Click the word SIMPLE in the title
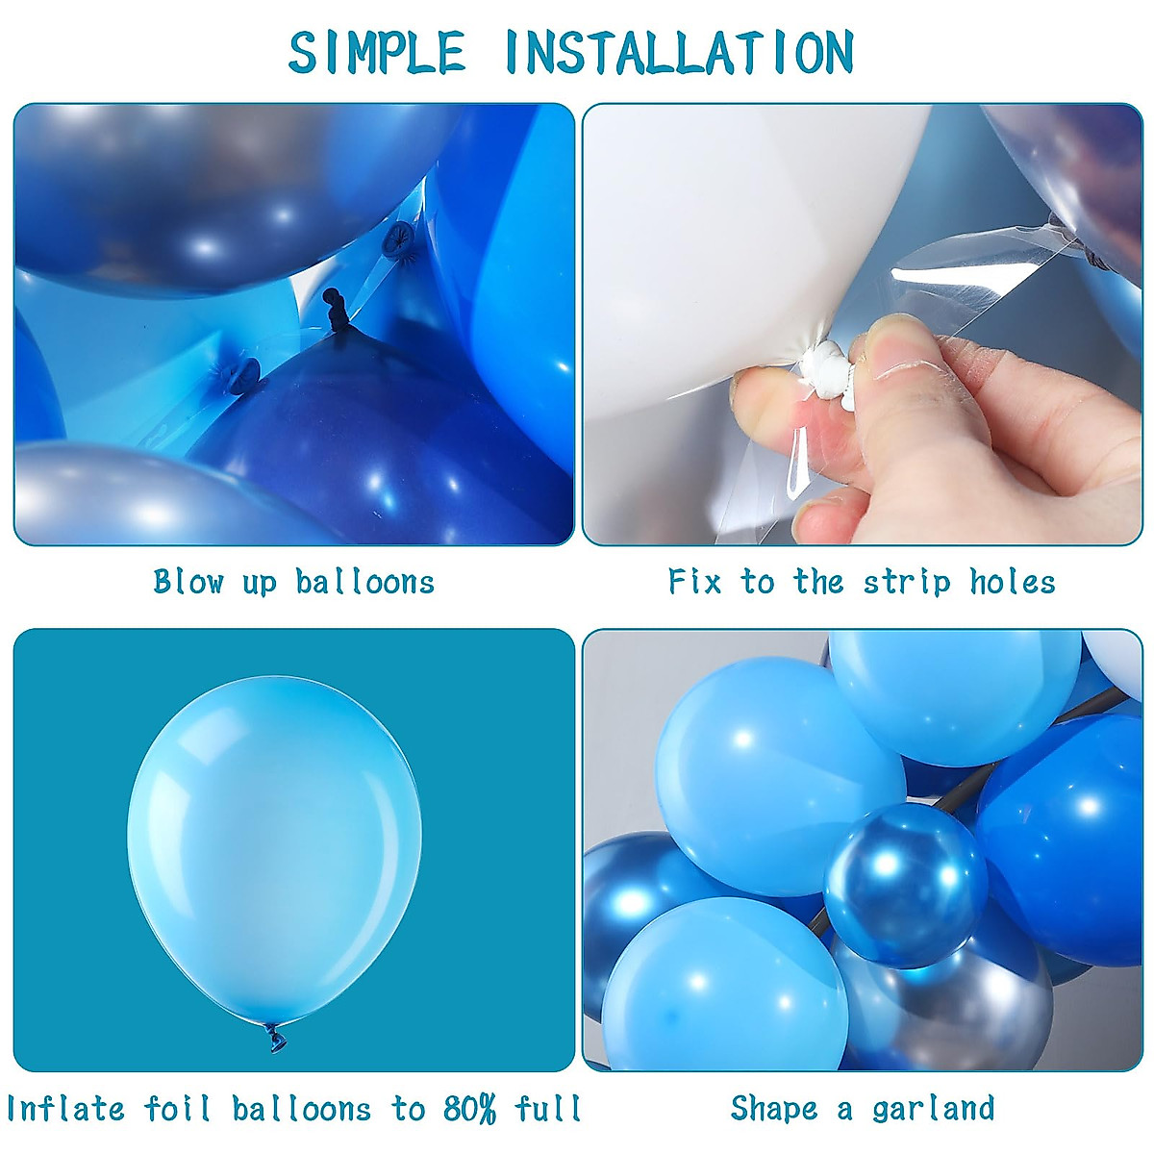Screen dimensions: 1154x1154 (x=377, y=53)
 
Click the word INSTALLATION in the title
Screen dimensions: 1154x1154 (x=679, y=53)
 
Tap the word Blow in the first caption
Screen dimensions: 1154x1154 (x=188, y=581)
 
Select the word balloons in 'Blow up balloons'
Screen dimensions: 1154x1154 (x=364, y=581)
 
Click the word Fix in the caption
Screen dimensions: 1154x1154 (x=694, y=581)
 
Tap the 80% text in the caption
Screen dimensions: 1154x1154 (x=470, y=1108)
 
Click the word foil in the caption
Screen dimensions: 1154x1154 (x=178, y=1108)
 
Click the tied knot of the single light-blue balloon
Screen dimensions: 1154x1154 (x=276, y=1037)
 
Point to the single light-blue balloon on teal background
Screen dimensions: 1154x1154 (x=274, y=846)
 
